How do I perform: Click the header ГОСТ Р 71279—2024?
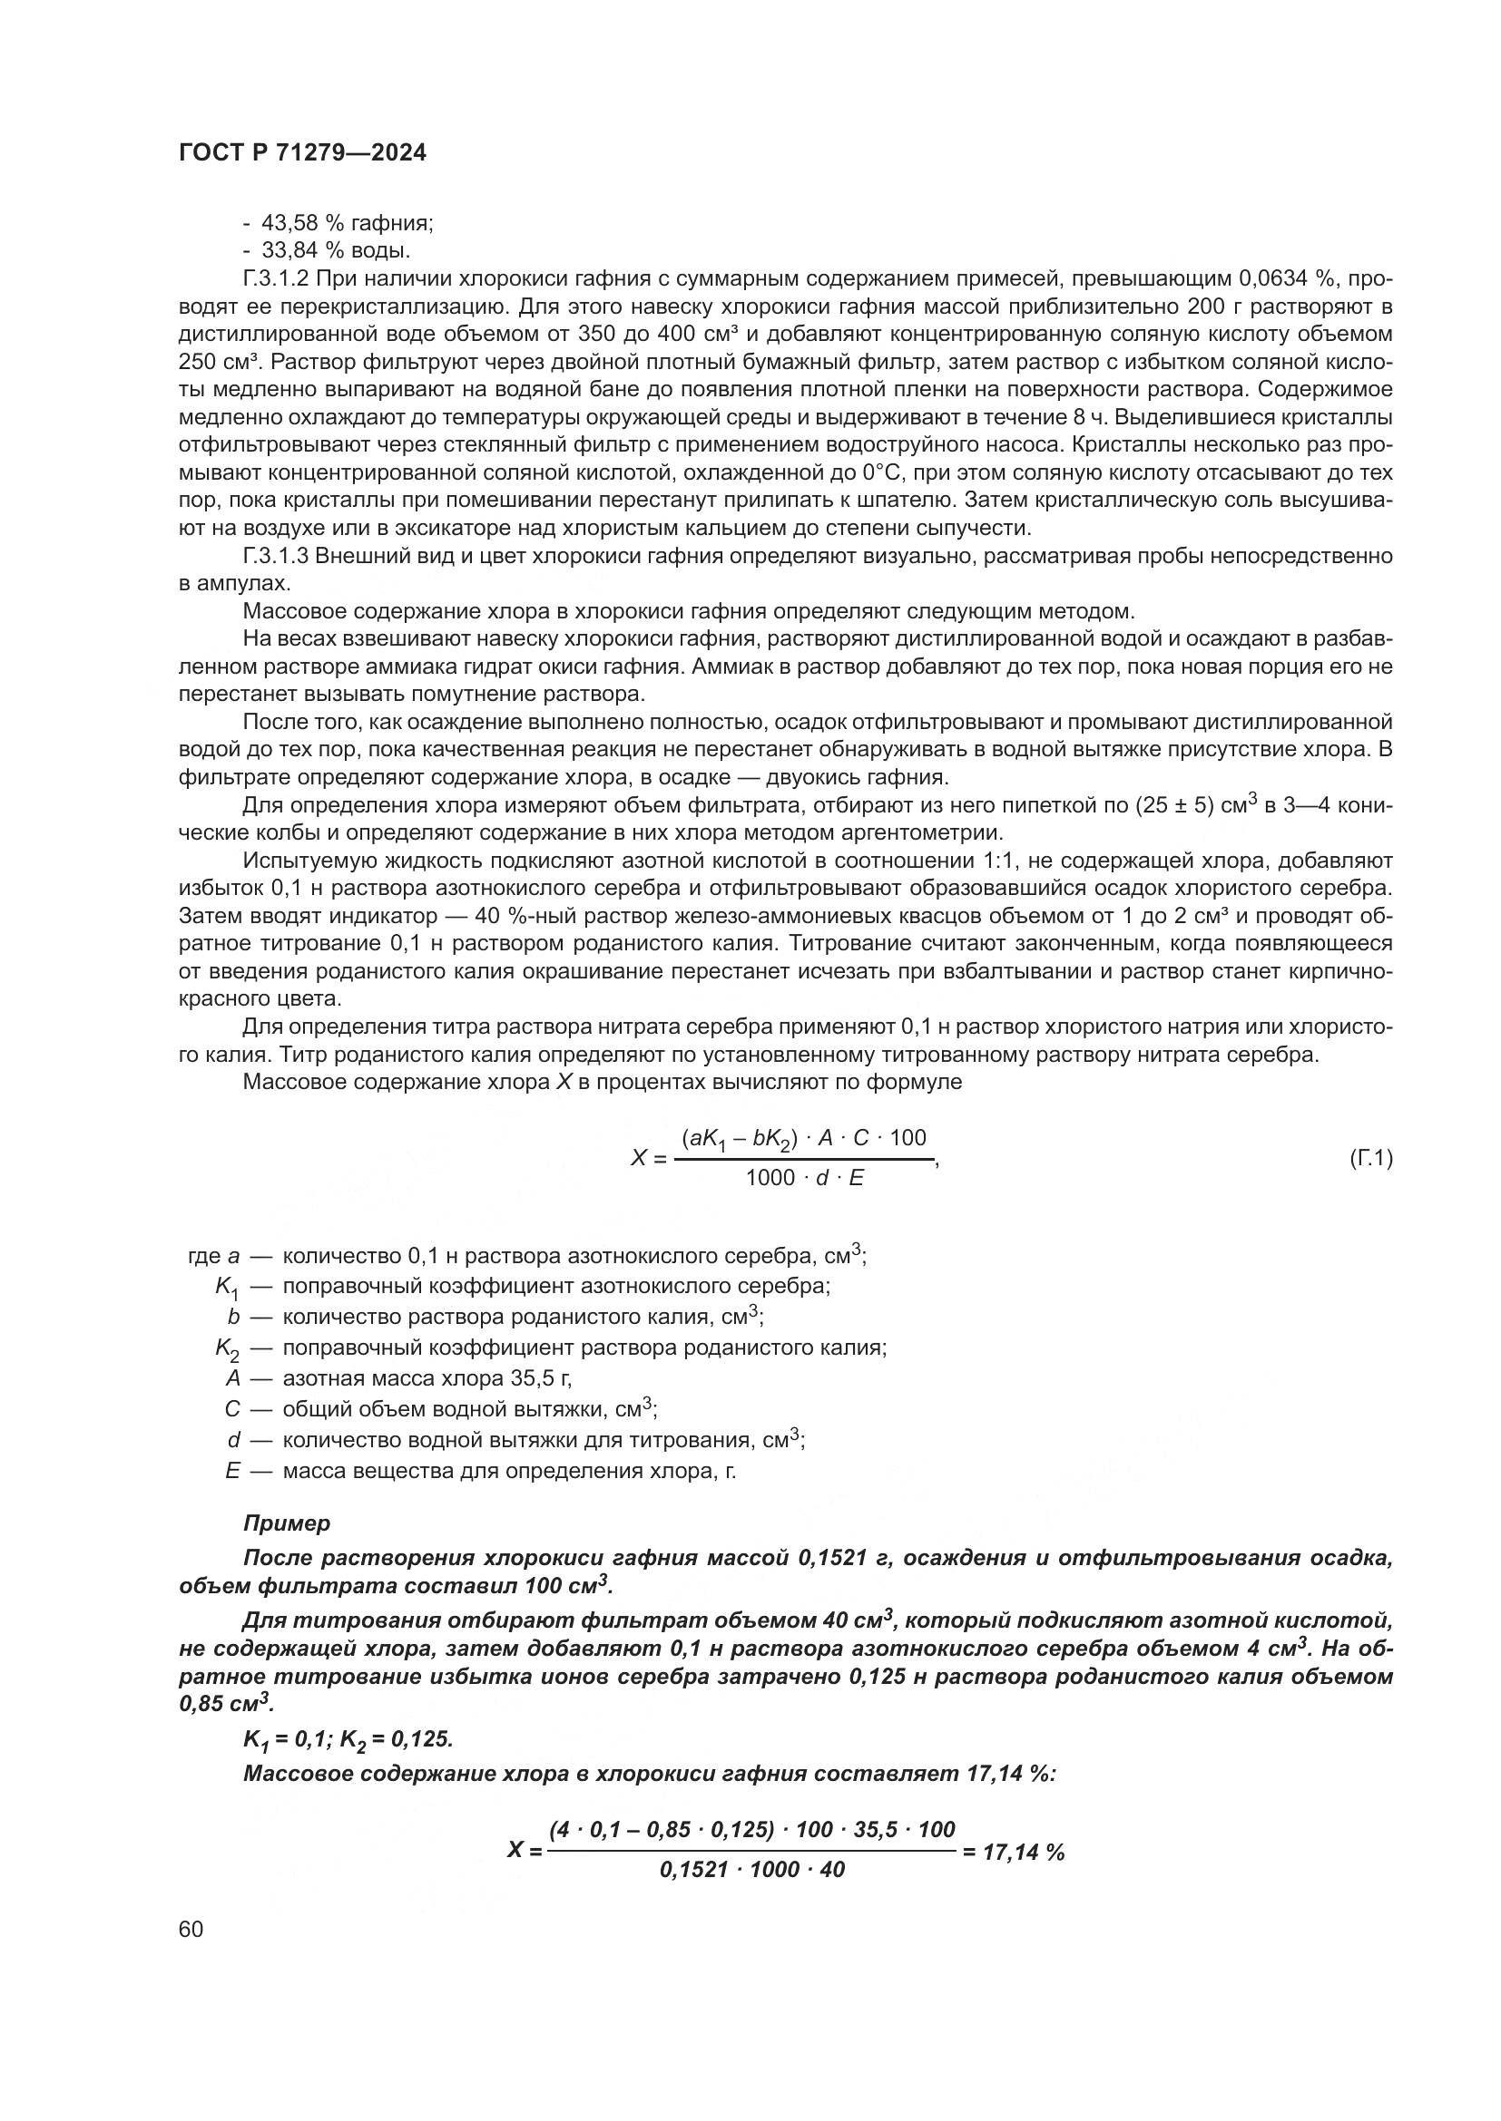point(302,153)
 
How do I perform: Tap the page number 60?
point(191,1929)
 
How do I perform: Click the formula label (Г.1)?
point(1370,1157)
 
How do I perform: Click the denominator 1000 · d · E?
point(804,1178)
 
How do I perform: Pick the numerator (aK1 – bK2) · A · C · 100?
point(803,1138)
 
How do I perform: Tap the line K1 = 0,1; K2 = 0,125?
point(348,1739)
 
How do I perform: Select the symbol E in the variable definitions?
point(232,1470)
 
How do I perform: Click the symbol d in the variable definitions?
point(234,1439)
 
